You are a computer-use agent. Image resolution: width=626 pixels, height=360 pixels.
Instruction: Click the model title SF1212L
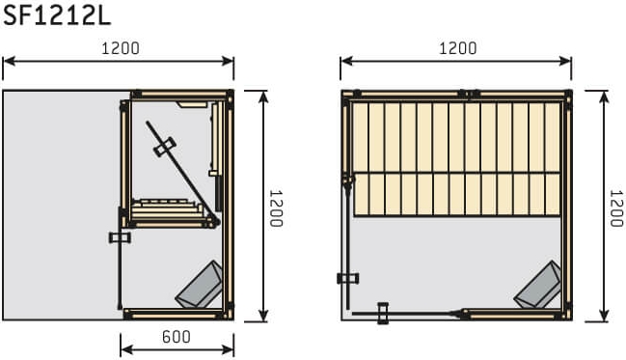tap(56, 16)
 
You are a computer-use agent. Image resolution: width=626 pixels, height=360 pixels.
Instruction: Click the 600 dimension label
tap(177, 337)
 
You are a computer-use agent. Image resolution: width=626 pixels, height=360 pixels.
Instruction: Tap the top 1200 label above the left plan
tap(121, 48)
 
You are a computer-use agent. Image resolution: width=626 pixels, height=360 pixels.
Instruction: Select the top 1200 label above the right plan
tap(458, 48)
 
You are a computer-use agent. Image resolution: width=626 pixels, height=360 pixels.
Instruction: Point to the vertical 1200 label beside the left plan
tap(276, 208)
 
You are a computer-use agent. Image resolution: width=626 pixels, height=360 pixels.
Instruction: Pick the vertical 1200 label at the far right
tap(616, 208)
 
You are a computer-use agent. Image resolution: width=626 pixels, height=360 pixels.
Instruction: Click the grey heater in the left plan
tap(200, 285)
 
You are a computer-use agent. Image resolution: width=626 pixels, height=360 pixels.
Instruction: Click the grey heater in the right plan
tap(537, 285)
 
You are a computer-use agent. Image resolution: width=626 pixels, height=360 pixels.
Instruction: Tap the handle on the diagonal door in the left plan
tap(165, 147)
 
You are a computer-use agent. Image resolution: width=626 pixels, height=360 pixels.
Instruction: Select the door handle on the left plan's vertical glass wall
tap(120, 237)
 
